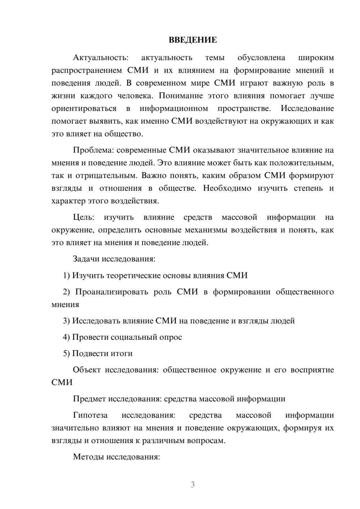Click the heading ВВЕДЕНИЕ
[x=193, y=40]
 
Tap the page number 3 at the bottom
[x=193, y=485]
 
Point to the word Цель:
[x=84, y=217]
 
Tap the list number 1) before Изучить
[x=66, y=275]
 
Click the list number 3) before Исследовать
[x=66, y=321]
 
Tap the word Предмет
[x=90, y=399]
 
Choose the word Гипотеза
[x=90, y=415]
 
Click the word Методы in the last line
[x=88, y=457]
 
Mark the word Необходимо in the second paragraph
[x=227, y=188]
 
